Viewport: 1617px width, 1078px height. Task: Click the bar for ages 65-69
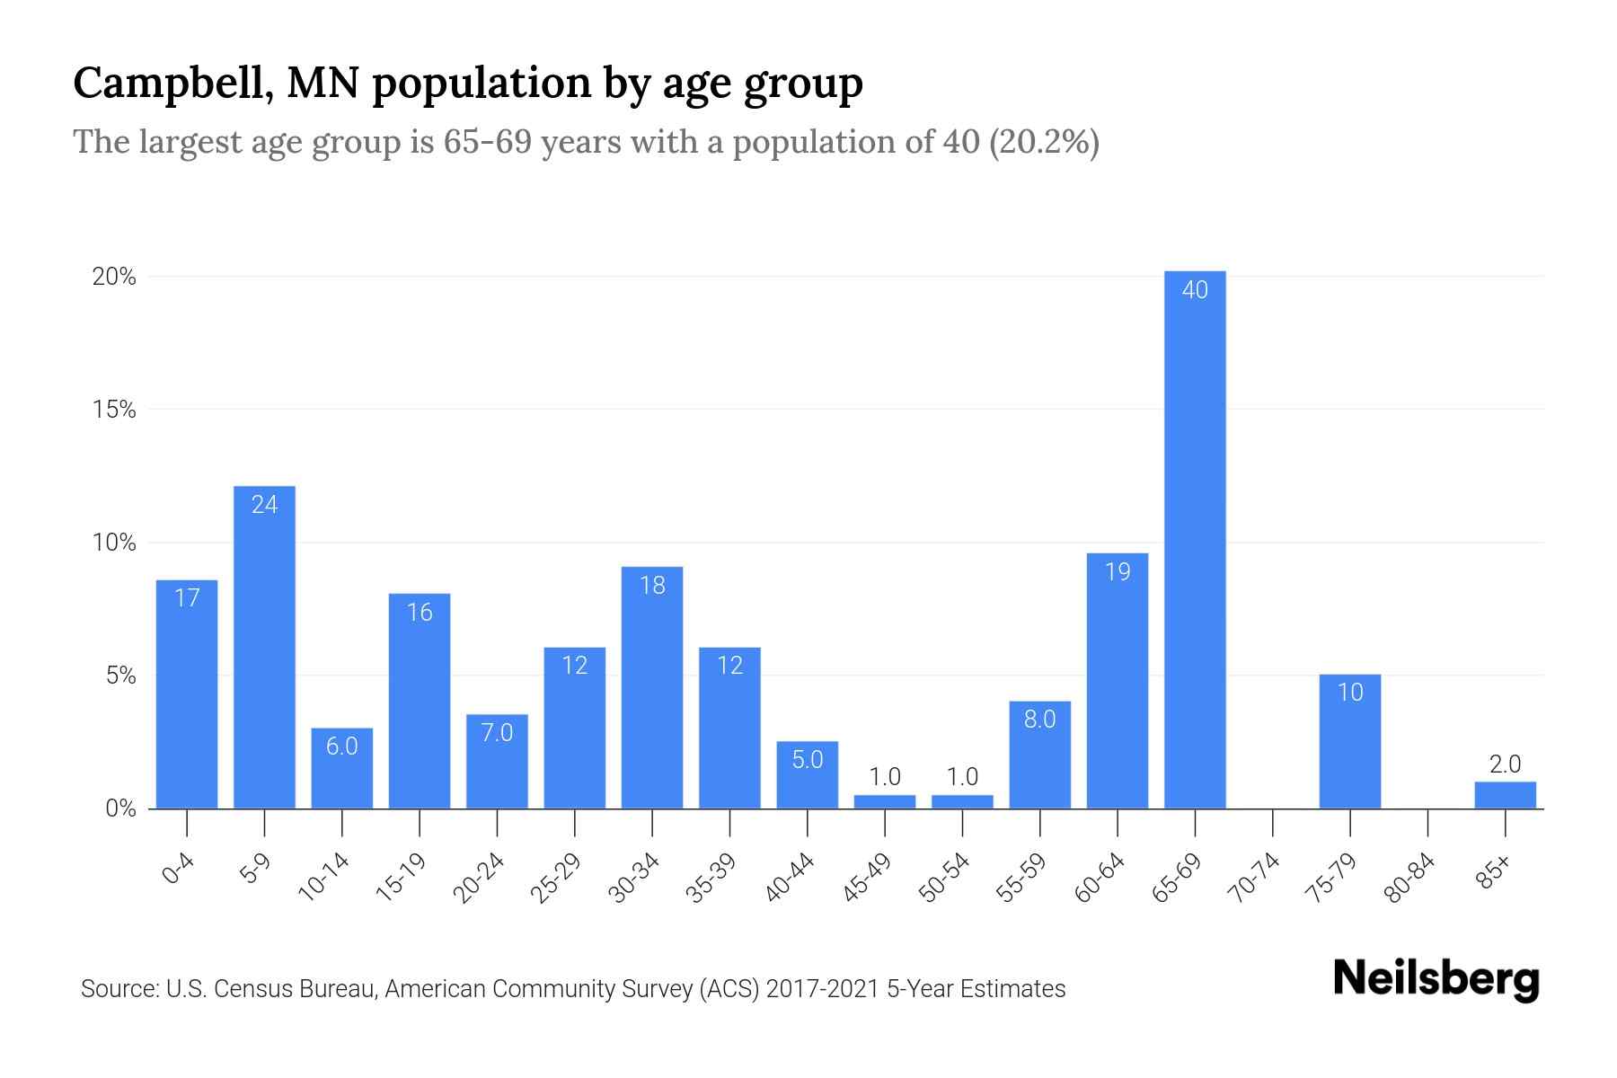pos(1195,539)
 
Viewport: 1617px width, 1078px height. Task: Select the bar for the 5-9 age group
pos(264,647)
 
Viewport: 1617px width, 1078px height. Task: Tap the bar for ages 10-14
pos(342,768)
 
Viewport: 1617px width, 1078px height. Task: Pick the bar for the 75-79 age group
pos(1350,741)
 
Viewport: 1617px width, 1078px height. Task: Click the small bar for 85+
pos(1505,795)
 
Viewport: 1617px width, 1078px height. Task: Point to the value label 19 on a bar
pos(1118,572)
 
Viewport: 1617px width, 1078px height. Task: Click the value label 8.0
pos(1039,720)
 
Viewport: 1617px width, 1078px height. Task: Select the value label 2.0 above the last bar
pos(1505,764)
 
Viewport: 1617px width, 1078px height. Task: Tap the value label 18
pos(652,586)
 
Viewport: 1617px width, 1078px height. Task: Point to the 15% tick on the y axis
pos(114,411)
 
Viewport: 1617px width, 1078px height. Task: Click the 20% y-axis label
pos(114,278)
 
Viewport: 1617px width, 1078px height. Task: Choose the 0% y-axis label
pos(120,809)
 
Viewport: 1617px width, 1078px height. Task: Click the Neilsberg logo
pos(1436,981)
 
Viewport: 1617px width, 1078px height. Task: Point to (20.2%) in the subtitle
pos(1044,142)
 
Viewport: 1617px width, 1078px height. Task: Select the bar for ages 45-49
pos(885,801)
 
